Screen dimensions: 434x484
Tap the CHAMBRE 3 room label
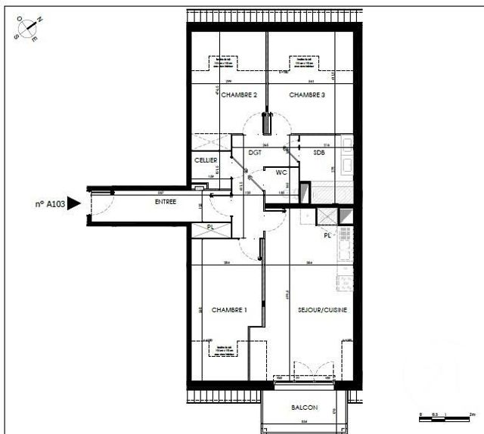point(307,95)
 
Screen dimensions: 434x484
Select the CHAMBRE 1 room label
point(229,310)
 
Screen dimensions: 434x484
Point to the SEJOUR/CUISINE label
point(322,310)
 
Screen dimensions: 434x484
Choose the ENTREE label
point(166,202)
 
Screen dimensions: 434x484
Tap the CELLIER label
point(206,160)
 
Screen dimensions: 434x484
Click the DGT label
point(255,153)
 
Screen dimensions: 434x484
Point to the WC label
point(281,172)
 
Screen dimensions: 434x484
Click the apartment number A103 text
point(49,203)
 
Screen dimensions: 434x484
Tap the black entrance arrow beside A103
point(74,203)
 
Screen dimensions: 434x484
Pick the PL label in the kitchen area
point(327,235)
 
